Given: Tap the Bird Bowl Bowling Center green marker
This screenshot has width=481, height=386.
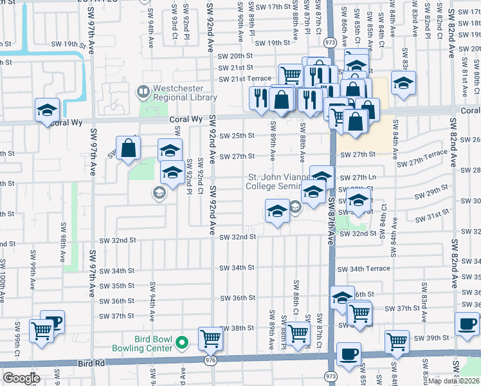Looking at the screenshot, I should (183, 343).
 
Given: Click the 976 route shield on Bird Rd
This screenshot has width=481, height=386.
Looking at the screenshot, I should (210, 362).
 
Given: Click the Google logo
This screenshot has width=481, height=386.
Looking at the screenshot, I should (21, 378).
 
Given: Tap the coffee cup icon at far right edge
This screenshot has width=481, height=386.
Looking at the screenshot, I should (467, 323).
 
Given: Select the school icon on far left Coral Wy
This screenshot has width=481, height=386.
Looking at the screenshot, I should (48, 110).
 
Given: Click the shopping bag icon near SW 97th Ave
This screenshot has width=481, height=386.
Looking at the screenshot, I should (129, 147).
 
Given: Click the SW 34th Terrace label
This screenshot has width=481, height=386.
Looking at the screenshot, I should (368, 268).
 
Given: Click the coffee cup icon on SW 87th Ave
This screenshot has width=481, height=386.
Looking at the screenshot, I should (349, 353).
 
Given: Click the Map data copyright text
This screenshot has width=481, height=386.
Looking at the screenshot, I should (454, 381).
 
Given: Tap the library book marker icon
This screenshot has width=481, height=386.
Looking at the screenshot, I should (141, 93).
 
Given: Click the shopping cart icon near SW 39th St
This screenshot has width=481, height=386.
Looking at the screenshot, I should (397, 342).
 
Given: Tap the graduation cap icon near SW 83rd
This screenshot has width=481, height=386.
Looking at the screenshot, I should (403, 84).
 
